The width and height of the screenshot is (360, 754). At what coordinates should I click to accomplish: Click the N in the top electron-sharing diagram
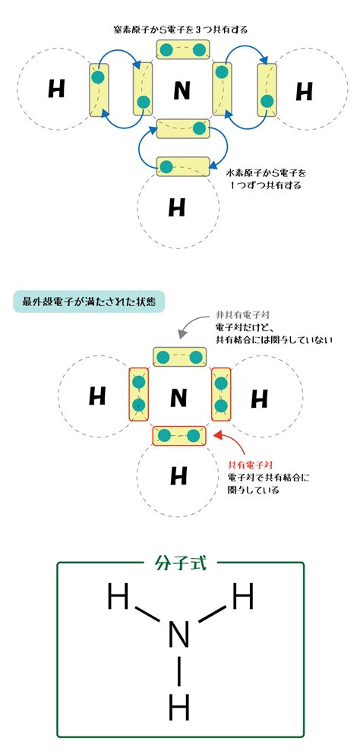coord(182,91)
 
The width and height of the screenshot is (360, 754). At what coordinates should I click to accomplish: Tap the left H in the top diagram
coord(57,90)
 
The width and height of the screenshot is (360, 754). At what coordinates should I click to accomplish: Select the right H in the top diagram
coord(304,91)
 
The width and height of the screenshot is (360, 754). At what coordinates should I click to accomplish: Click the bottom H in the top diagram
coord(177,207)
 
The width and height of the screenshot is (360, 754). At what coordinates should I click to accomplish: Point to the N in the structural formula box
coord(178,635)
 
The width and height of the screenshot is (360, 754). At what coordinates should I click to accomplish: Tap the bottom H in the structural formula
coord(179,707)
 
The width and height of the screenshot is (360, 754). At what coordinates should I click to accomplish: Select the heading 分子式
coord(181,563)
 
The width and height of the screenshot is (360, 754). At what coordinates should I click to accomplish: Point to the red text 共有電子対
coord(251,466)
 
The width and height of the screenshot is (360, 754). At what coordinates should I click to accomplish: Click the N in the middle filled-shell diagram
coord(178,398)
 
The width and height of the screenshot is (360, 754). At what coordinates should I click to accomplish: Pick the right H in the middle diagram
coord(260,399)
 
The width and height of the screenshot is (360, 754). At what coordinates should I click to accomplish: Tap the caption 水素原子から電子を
coord(266,172)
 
